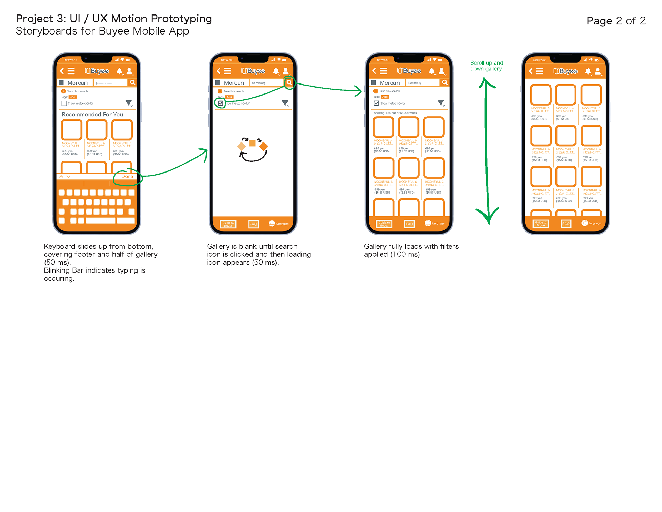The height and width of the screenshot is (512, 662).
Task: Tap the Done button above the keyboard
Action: click(127, 176)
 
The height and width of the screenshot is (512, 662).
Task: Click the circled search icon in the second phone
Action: click(289, 83)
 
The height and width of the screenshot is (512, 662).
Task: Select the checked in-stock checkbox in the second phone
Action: click(221, 103)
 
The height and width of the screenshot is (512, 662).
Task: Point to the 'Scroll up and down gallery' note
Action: click(487, 66)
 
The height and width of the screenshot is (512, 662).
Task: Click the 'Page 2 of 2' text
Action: click(616, 21)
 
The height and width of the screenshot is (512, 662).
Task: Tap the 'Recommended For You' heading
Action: click(92, 114)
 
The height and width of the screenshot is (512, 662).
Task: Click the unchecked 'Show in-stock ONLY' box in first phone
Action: click(64, 103)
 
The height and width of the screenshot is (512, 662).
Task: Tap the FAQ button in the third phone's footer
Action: click(409, 224)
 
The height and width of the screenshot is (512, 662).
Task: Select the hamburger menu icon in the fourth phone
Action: click(540, 71)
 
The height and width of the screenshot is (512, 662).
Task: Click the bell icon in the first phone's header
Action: click(119, 71)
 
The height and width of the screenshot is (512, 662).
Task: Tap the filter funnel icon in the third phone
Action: click(441, 102)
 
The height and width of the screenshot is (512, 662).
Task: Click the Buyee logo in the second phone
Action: click(253, 71)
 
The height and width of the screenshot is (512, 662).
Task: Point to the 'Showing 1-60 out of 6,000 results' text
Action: click(395, 113)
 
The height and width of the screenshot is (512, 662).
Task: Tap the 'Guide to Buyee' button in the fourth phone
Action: click(541, 224)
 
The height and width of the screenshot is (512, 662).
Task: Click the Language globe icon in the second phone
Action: click(272, 223)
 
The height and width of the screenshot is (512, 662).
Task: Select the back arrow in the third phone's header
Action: click(374, 71)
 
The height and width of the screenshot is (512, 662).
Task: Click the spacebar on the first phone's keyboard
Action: click(100, 220)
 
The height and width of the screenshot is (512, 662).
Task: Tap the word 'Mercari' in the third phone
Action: click(390, 83)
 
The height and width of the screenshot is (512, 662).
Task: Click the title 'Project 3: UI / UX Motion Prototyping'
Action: click(114, 19)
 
